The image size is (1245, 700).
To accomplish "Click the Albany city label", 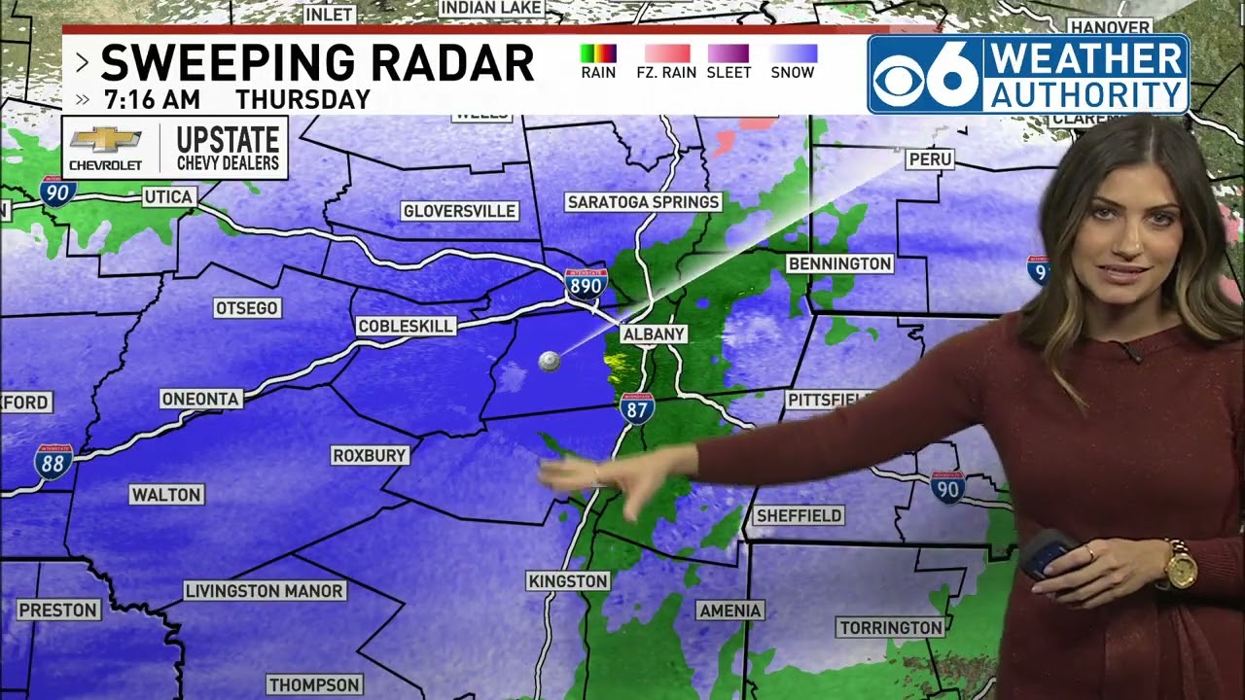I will pos(654,333).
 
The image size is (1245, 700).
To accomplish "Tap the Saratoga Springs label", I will pos(643,202).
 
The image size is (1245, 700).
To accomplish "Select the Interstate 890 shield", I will pos(586,283).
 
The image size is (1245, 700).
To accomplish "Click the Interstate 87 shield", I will pos(637,408).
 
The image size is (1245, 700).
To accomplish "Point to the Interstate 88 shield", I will pos(53,461).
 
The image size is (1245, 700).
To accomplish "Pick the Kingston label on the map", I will pos(568,581).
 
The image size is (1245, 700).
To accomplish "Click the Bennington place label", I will pos(839,263).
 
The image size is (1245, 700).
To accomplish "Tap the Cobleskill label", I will pos(406,326).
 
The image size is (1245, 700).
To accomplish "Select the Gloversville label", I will pos(459,211).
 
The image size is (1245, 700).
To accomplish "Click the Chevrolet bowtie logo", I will pos(105,140).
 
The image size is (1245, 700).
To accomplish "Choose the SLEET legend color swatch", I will pos(729,53).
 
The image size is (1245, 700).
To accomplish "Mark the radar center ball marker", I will pos(549,362).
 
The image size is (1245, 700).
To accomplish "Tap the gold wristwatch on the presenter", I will pos(1180,567).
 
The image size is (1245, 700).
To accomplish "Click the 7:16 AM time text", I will pos(152,99).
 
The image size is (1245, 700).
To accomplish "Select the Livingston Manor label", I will pos(264,591).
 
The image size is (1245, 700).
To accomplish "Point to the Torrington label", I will pos(891,628).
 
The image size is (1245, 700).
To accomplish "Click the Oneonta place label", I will pos(200,399).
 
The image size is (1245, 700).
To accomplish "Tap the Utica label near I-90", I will pos(168,196).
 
